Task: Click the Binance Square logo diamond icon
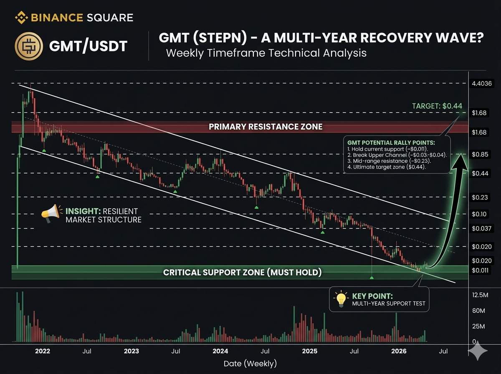click(x=21, y=18)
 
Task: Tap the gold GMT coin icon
click(x=29, y=46)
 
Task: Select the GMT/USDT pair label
click(x=88, y=46)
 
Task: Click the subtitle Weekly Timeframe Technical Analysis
click(x=266, y=53)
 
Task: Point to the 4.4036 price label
click(x=482, y=83)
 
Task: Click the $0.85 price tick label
click(x=480, y=154)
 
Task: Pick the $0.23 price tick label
click(x=480, y=197)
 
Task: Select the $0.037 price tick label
click(x=481, y=228)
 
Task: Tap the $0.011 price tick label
click(x=480, y=270)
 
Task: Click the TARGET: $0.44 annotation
click(x=437, y=106)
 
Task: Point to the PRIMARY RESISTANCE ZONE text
click(x=266, y=126)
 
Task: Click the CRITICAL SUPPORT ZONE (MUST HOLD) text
click(x=243, y=272)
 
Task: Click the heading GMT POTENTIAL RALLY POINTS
click(x=391, y=143)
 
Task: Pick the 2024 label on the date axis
click(x=220, y=351)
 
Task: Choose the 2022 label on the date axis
click(x=43, y=351)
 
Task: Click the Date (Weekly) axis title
click(x=250, y=364)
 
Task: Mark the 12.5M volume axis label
click(x=480, y=295)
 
